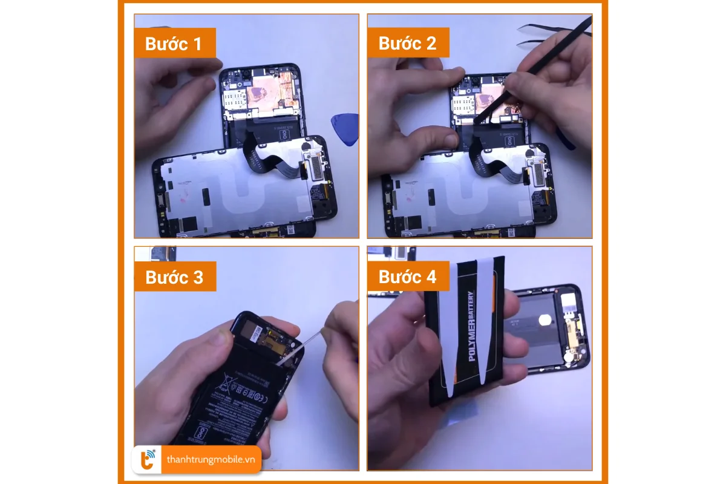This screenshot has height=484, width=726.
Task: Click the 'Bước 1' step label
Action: tap(175, 44)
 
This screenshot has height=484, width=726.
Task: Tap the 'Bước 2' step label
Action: tap(408, 44)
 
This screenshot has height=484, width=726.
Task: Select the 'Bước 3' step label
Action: tap(175, 277)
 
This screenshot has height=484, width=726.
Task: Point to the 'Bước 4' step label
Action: tap(408, 277)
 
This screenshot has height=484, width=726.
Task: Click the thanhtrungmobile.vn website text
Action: tap(211, 460)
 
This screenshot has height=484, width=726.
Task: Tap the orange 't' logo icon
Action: tap(148, 460)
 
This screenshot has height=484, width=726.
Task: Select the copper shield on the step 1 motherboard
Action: tap(267, 90)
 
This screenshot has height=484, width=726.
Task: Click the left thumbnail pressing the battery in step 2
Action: tap(448, 139)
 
